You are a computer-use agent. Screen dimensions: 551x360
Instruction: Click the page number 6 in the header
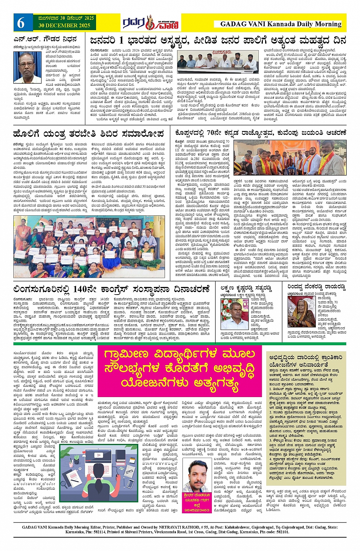point(21,23)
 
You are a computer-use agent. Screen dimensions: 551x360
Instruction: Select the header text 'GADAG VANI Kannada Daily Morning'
point(281,24)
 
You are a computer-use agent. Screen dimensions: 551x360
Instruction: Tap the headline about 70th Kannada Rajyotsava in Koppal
point(261,133)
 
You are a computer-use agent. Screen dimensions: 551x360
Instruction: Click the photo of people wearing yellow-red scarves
point(289,158)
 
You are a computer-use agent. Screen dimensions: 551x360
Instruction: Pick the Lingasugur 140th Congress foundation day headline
point(111,288)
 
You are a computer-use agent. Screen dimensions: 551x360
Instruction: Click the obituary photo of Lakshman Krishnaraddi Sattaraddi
point(234,314)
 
